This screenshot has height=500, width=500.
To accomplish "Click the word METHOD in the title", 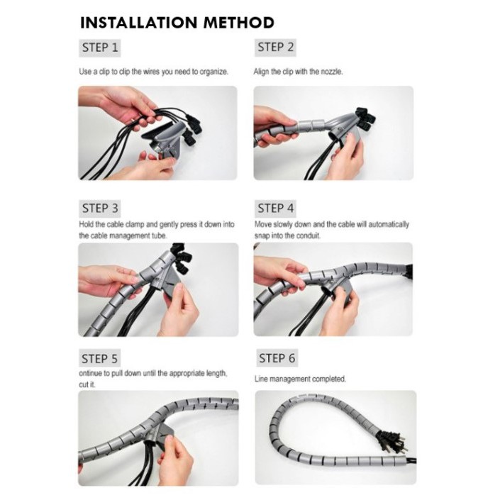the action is [x=239, y=23].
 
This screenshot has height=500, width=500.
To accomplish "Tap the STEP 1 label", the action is [x=100, y=48].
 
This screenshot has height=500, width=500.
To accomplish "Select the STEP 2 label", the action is [x=275, y=48].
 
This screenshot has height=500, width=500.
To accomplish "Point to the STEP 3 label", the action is [x=100, y=209].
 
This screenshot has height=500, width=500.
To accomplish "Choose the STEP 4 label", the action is [x=275, y=209].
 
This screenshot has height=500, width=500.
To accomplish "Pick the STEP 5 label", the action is [x=99, y=359].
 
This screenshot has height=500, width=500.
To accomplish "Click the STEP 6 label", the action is [x=277, y=358].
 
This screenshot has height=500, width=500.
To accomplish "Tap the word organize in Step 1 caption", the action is [x=214, y=72].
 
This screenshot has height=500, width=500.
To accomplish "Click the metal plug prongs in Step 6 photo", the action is [x=396, y=441].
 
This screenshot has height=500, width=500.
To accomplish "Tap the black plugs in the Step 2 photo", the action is [x=365, y=118].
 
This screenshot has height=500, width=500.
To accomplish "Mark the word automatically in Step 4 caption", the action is [x=389, y=225].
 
